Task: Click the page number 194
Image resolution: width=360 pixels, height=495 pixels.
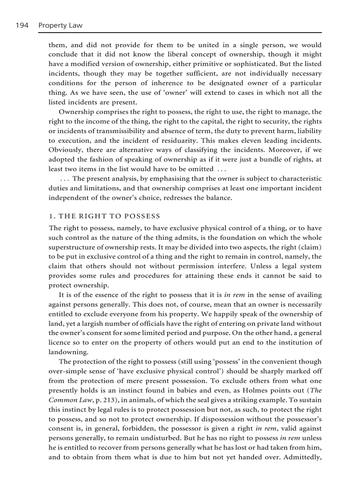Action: [x=21, y=25]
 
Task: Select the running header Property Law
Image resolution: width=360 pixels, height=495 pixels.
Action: [x=60, y=25]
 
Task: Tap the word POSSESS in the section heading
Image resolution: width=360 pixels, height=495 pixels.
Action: [x=142, y=216]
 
